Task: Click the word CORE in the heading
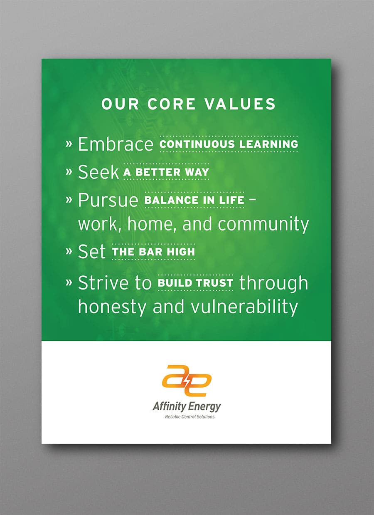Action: (171, 104)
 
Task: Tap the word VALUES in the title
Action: (240, 104)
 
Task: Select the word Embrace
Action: (116, 144)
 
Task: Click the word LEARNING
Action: (268, 144)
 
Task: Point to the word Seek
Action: (98, 172)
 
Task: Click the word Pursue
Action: (108, 201)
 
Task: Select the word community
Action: (263, 225)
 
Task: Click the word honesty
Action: (112, 307)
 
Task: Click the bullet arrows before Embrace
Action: (69, 144)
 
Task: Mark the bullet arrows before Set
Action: (69, 252)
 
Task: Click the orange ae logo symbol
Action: (186, 381)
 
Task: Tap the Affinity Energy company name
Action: (187, 407)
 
